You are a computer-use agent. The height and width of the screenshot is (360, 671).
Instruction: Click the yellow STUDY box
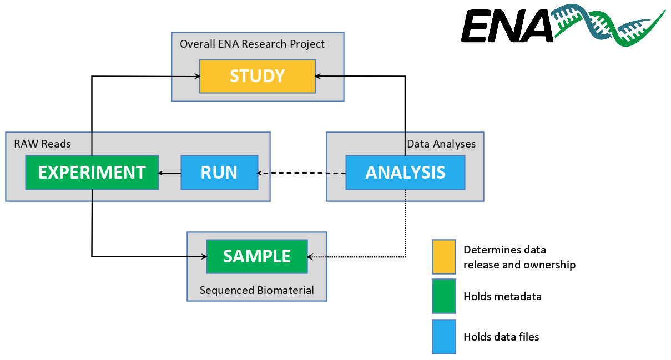tap(258, 76)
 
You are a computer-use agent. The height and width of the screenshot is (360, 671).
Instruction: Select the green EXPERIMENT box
tap(92, 173)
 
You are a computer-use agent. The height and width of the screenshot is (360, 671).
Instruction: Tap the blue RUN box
tap(220, 173)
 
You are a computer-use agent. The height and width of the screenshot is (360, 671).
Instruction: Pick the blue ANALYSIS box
tap(405, 173)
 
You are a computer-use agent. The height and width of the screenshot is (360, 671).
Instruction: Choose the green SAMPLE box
tap(257, 256)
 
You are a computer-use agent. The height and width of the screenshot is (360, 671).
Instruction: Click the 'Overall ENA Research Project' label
tap(252, 44)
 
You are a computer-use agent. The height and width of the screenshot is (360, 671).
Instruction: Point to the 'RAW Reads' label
tap(42, 144)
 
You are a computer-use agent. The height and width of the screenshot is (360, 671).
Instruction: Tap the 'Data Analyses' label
tap(441, 144)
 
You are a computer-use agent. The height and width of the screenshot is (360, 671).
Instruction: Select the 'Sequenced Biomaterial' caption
tap(257, 290)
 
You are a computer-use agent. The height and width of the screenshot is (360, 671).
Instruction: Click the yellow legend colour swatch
tap(444, 257)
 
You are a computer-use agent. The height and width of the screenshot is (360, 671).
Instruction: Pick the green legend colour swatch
tap(444, 296)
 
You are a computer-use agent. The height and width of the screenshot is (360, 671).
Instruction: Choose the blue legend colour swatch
tap(444, 337)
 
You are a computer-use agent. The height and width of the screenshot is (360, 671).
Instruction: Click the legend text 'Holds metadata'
tap(502, 297)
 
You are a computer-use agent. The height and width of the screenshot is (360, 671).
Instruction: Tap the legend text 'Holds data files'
tap(501, 337)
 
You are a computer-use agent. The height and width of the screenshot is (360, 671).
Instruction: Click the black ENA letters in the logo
tap(507, 26)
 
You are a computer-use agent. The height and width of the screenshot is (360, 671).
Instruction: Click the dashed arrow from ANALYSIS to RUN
tap(301, 173)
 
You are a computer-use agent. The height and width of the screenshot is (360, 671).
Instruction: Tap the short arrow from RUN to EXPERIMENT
tap(169, 173)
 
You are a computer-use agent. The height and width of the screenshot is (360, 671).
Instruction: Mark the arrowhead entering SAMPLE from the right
tap(310, 257)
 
